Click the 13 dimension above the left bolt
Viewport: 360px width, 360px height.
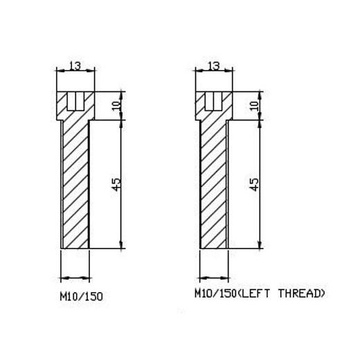click(x=75, y=66)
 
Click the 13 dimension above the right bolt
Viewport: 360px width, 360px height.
click(x=214, y=66)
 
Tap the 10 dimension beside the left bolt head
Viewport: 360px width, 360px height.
click(x=117, y=106)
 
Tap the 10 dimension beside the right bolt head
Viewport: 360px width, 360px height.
click(x=255, y=106)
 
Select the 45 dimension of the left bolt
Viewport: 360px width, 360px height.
click(x=117, y=184)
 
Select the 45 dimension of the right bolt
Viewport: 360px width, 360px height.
click(x=254, y=184)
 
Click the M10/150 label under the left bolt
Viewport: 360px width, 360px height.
click(x=81, y=296)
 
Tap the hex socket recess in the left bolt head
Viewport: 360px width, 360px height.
click(x=75, y=101)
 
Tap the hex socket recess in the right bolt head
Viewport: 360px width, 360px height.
click(x=214, y=101)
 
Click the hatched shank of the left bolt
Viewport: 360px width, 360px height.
click(x=75, y=184)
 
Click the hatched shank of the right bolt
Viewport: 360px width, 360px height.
click(x=214, y=184)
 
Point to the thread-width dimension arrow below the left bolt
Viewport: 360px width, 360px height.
click(x=75, y=278)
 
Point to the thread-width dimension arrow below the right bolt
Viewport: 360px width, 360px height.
click(x=214, y=278)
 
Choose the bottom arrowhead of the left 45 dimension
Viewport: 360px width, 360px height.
click(x=121, y=244)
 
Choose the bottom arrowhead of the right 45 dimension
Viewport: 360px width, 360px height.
click(x=260, y=244)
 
